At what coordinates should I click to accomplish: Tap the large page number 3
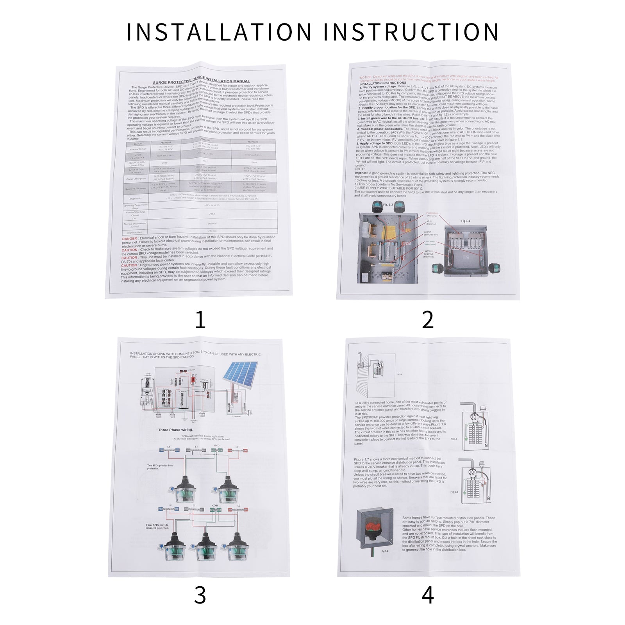(x=200, y=595)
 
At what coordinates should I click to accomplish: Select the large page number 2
(x=428, y=320)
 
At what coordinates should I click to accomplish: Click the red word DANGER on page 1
(x=129, y=238)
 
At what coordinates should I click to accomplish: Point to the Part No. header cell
(x=138, y=144)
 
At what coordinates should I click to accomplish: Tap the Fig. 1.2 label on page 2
(x=388, y=205)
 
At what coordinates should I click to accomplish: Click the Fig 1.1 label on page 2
(x=466, y=221)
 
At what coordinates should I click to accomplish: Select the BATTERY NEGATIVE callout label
(x=429, y=254)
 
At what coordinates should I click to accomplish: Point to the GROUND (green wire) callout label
(x=430, y=243)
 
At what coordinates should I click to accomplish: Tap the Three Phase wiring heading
(x=175, y=430)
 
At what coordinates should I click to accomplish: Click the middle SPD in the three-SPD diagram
(x=202, y=547)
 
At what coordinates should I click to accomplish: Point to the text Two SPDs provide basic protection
(x=160, y=467)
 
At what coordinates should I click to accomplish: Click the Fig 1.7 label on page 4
(x=454, y=492)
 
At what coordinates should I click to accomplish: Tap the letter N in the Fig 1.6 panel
(x=486, y=445)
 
